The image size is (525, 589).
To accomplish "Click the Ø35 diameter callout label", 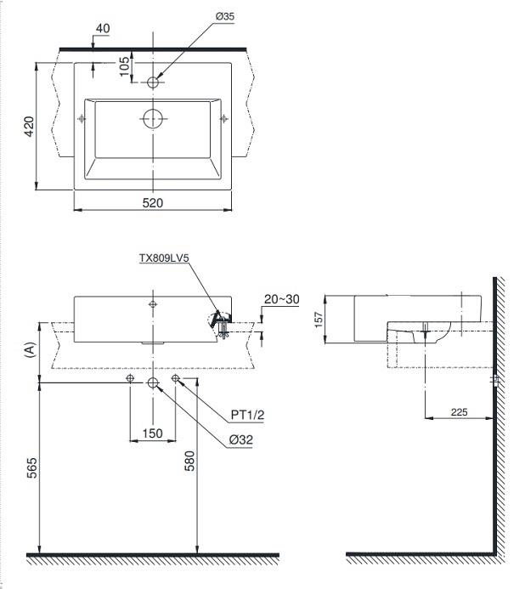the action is pos(224,16).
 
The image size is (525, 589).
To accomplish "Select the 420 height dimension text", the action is pos(29,127).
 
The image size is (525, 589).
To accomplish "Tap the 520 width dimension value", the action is pos(152,203).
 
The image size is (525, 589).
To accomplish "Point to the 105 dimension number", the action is pos(124,66).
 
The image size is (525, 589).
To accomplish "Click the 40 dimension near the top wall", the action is pos(103,28).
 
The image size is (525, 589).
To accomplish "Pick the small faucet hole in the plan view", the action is pos(153,82).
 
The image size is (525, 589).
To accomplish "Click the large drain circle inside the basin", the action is pos(153,119).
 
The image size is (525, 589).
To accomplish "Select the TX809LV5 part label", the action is pos(164,258).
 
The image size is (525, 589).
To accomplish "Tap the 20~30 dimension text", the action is pos(282,299).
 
